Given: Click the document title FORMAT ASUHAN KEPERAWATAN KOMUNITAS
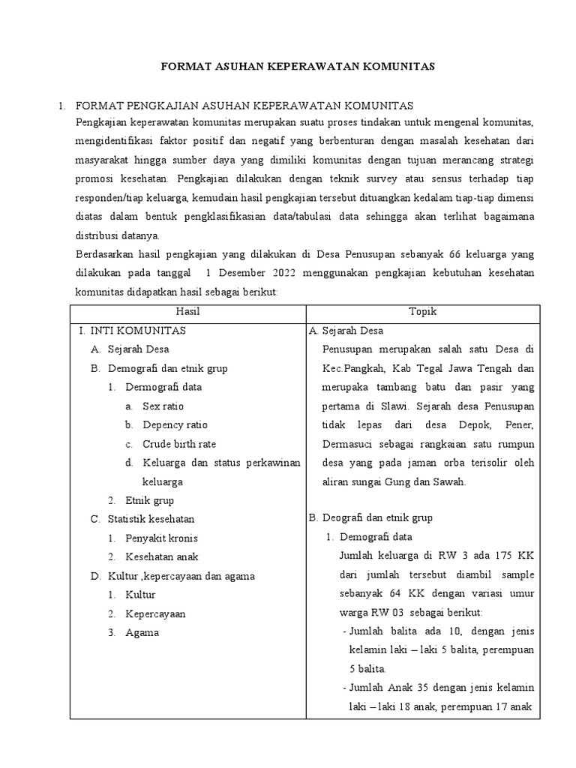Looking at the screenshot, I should point(298,67).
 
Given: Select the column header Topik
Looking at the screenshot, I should point(422,311).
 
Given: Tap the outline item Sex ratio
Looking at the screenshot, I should point(163,406).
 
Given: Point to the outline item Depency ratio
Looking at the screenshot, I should point(175,424).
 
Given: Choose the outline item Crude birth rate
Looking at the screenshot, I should point(179,444).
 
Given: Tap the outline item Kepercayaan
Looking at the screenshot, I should point(155,613).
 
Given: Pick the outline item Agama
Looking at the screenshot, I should point(142,632).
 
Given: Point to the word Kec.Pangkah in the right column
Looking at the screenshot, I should point(349,368).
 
